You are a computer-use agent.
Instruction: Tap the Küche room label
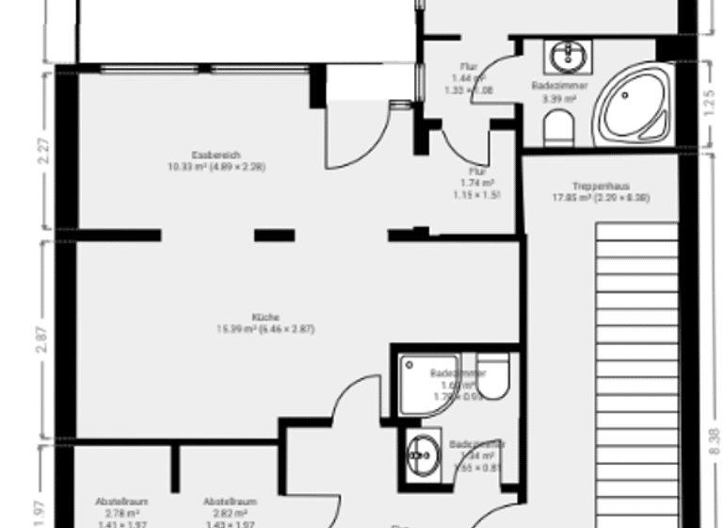(265, 318)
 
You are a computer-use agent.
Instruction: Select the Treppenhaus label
(600, 186)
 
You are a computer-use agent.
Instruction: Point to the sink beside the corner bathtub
(570, 57)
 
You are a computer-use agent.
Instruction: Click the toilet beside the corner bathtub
(559, 126)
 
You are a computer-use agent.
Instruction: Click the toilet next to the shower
(493, 376)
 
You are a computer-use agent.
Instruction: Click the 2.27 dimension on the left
(43, 152)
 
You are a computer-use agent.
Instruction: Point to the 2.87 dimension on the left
(43, 341)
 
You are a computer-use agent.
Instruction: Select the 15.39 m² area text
(265, 329)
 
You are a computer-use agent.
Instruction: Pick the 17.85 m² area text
(600, 198)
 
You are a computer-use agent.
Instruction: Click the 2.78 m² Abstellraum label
(121, 513)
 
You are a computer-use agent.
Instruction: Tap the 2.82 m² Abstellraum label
(230, 513)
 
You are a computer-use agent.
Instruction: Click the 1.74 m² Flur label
(478, 182)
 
